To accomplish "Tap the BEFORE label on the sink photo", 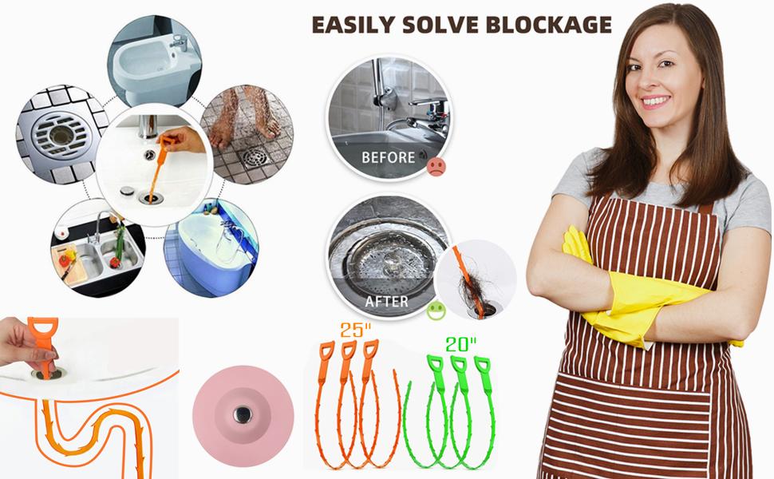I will pyautogui.click(x=388, y=157).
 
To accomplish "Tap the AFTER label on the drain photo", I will pyautogui.click(x=386, y=302).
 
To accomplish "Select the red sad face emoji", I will pyautogui.click(x=436, y=167).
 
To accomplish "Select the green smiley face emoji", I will pyautogui.click(x=436, y=309).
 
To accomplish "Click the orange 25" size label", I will pyautogui.click(x=355, y=328).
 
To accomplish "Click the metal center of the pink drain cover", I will pyautogui.click(x=243, y=414).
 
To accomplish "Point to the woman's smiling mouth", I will pyautogui.click(x=655, y=101).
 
